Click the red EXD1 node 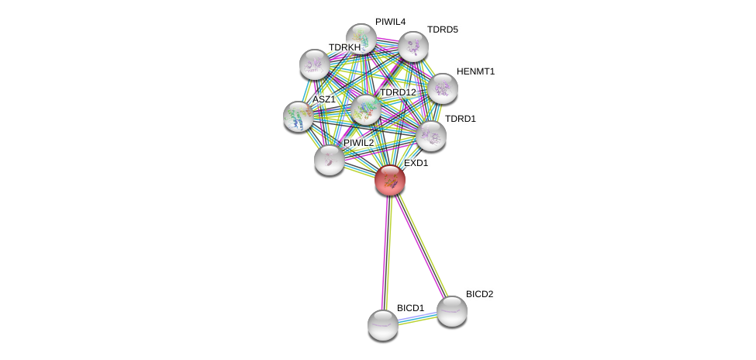(389, 180)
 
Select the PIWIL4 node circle (361, 38)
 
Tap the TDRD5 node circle (413, 47)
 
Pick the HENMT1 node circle (442, 88)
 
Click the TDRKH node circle (314, 64)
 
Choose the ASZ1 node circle (299, 116)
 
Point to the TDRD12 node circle (365, 109)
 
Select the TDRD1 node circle (430, 136)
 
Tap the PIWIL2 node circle (330, 159)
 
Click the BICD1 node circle (382, 324)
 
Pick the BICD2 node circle (451, 310)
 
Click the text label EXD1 (416, 164)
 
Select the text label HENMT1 (475, 71)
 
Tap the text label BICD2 (479, 294)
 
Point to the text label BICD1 (410, 308)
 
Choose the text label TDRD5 (442, 29)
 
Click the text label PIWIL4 (390, 22)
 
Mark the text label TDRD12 (398, 92)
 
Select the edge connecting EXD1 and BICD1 (386, 252)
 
